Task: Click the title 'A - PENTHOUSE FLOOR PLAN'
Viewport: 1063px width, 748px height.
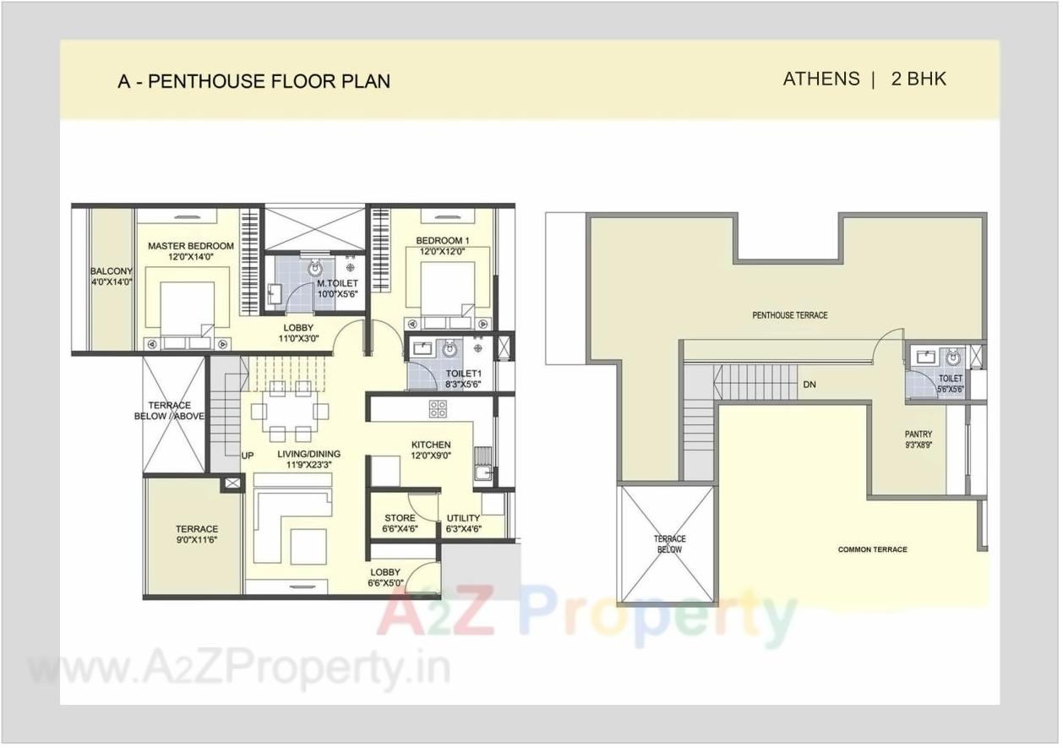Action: [x=253, y=82]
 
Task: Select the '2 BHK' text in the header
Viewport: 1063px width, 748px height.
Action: [x=919, y=79]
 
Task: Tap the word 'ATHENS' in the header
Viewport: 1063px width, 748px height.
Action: [x=820, y=79]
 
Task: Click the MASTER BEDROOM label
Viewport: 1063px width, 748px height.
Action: [x=190, y=251]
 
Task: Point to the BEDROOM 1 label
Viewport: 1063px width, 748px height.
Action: [x=442, y=246]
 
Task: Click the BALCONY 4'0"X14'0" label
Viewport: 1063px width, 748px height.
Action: [x=112, y=277]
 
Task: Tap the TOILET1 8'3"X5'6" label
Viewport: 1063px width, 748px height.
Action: [x=463, y=378]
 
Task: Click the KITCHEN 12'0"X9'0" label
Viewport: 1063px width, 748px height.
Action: [x=431, y=450]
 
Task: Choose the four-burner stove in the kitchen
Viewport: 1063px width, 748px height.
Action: [x=438, y=409]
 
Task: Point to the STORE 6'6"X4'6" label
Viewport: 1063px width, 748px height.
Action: [x=400, y=524]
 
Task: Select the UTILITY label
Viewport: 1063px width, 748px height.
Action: [x=463, y=524]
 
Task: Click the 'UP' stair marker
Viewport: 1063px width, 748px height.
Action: [x=248, y=456]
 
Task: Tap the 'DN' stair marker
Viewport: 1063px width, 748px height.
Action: [x=810, y=385]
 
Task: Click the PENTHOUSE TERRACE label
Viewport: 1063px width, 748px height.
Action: [x=789, y=315]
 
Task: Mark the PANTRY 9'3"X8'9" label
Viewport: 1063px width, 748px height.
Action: [x=918, y=440]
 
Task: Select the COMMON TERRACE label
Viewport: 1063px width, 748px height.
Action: [x=872, y=549]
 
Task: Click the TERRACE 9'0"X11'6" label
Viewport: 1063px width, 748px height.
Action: [x=196, y=534]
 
